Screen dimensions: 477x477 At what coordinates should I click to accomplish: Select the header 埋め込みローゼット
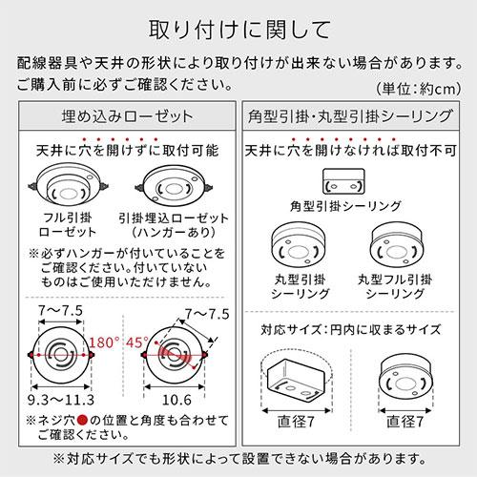121,122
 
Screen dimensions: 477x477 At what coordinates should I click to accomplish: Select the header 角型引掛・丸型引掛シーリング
355,122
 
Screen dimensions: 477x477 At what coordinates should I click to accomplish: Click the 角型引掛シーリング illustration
344,181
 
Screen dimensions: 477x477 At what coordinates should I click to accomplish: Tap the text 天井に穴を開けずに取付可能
121,151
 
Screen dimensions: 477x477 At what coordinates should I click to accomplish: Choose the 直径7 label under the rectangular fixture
300,420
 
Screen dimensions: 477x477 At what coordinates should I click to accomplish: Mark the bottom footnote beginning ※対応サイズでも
238,456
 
